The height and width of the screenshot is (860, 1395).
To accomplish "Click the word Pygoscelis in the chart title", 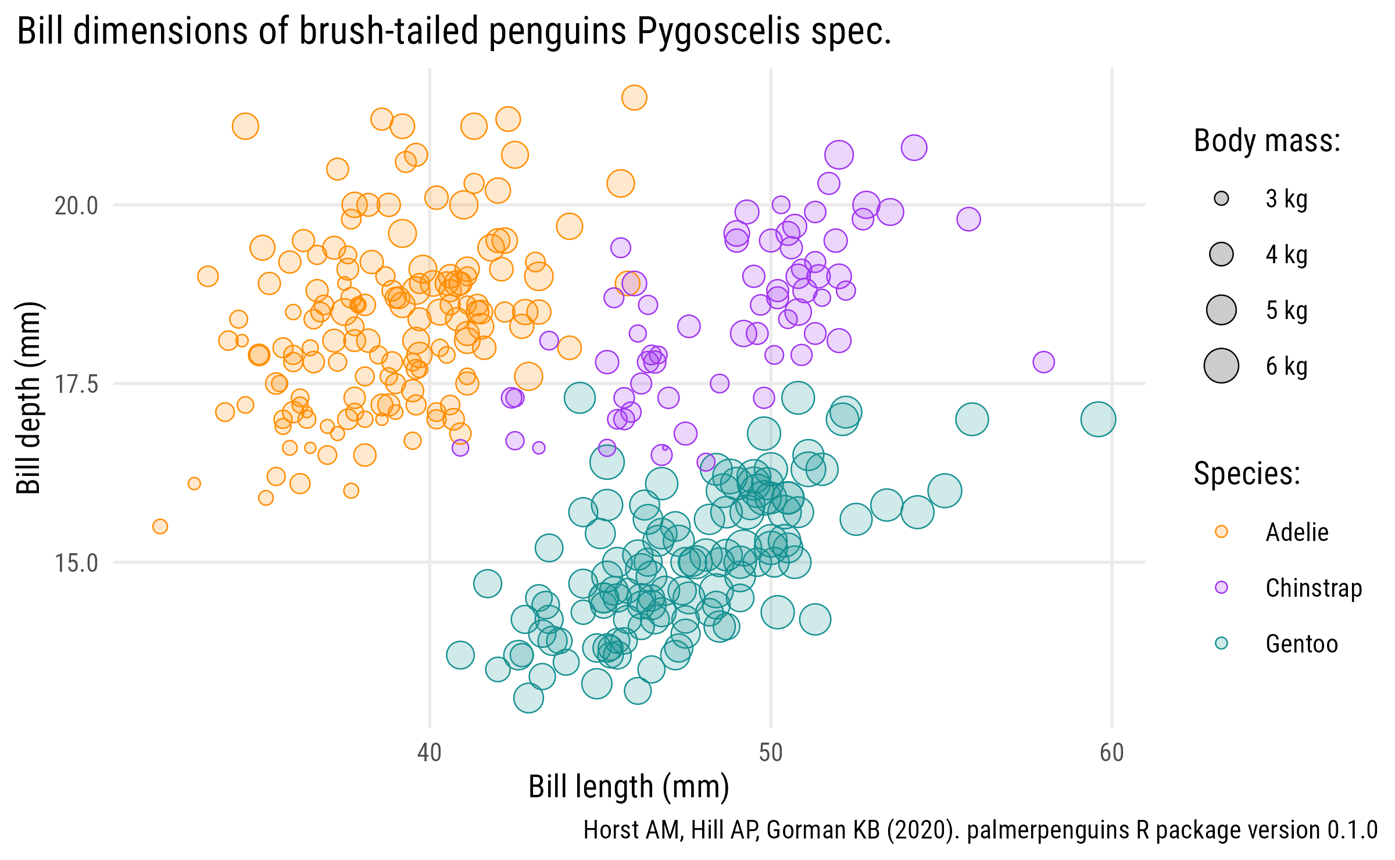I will (x=719, y=31).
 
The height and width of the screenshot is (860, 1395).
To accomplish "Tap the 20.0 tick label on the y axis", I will (x=76, y=206).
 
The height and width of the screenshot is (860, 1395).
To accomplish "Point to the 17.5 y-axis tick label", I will (x=76, y=384).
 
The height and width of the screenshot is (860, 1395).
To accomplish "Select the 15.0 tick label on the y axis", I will (x=76, y=563).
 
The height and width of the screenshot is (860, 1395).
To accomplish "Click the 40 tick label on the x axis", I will (x=430, y=752).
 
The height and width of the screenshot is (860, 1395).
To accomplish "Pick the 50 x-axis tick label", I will (x=771, y=752).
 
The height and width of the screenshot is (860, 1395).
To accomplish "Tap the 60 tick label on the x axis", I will (x=1111, y=752).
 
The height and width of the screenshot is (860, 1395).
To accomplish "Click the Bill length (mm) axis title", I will (x=628, y=787).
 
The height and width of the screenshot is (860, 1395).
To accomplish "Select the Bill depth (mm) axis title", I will (x=28, y=398).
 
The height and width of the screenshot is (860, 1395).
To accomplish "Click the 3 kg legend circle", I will (x=1221, y=199).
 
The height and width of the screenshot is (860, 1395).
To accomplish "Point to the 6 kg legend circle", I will (x=1221, y=366).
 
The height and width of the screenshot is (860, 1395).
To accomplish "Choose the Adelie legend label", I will (x=1297, y=532).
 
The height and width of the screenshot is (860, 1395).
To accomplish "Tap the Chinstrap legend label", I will (x=1314, y=588).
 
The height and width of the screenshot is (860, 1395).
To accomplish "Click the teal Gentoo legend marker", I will (x=1221, y=643).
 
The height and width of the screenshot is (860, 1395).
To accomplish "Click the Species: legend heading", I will (x=1247, y=474).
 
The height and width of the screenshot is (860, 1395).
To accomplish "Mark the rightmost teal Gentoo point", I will (x=1098, y=419).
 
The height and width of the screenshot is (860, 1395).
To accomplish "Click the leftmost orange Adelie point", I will (x=160, y=526).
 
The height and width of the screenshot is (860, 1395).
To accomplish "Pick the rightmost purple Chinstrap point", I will (x=1043, y=362).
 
